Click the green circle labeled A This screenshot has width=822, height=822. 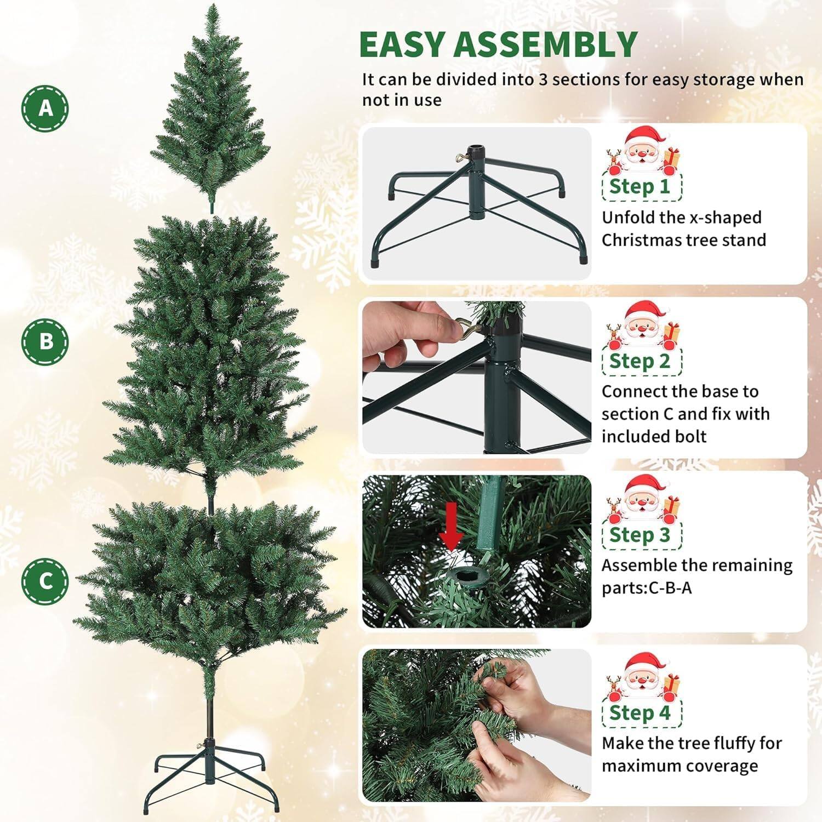(x=45, y=108)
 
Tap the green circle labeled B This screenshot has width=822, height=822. (x=45, y=341)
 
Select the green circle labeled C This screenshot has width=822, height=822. (x=45, y=581)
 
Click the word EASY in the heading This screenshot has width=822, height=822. (x=402, y=45)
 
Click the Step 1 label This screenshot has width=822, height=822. (x=640, y=187)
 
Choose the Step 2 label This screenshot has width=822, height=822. (x=640, y=362)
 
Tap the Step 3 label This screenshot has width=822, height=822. (x=640, y=535)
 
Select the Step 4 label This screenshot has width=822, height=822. (x=640, y=713)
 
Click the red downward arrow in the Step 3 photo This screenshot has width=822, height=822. (x=451, y=526)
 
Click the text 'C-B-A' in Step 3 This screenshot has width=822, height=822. (x=670, y=588)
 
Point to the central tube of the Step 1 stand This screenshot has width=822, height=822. (x=475, y=181)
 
